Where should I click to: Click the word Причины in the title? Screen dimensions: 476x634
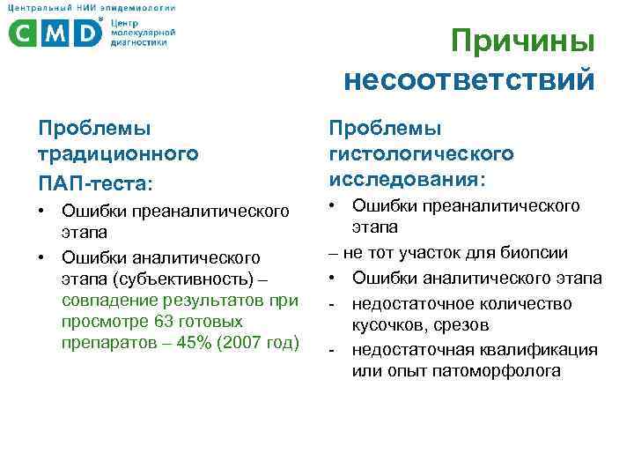[522, 42]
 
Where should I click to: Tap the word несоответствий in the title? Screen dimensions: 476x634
[469, 80]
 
